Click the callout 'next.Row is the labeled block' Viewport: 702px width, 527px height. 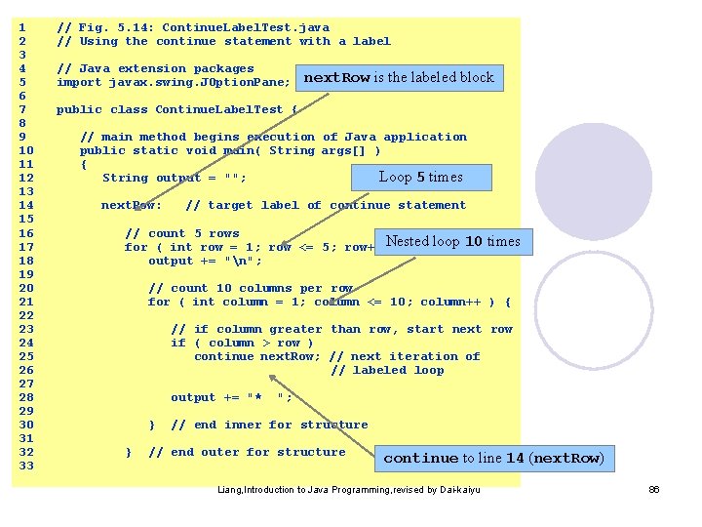click(x=400, y=78)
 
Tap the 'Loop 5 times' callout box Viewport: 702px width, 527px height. click(x=421, y=178)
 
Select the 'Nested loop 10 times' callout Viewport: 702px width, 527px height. click(x=453, y=242)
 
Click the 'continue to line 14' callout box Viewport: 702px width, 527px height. click(x=494, y=458)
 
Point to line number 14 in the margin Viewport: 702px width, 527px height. click(x=26, y=206)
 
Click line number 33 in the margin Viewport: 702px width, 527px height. click(x=26, y=466)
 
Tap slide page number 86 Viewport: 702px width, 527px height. click(x=654, y=489)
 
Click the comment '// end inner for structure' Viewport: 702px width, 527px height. click(x=269, y=425)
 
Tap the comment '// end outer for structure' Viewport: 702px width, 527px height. click(x=247, y=452)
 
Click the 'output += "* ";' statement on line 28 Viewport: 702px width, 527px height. click(x=231, y=397)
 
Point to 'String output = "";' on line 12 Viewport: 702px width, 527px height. click(x=175, y=179)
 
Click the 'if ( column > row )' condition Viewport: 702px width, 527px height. click(x=242, y=343)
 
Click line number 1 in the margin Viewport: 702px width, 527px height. click(x=22, y=28)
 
